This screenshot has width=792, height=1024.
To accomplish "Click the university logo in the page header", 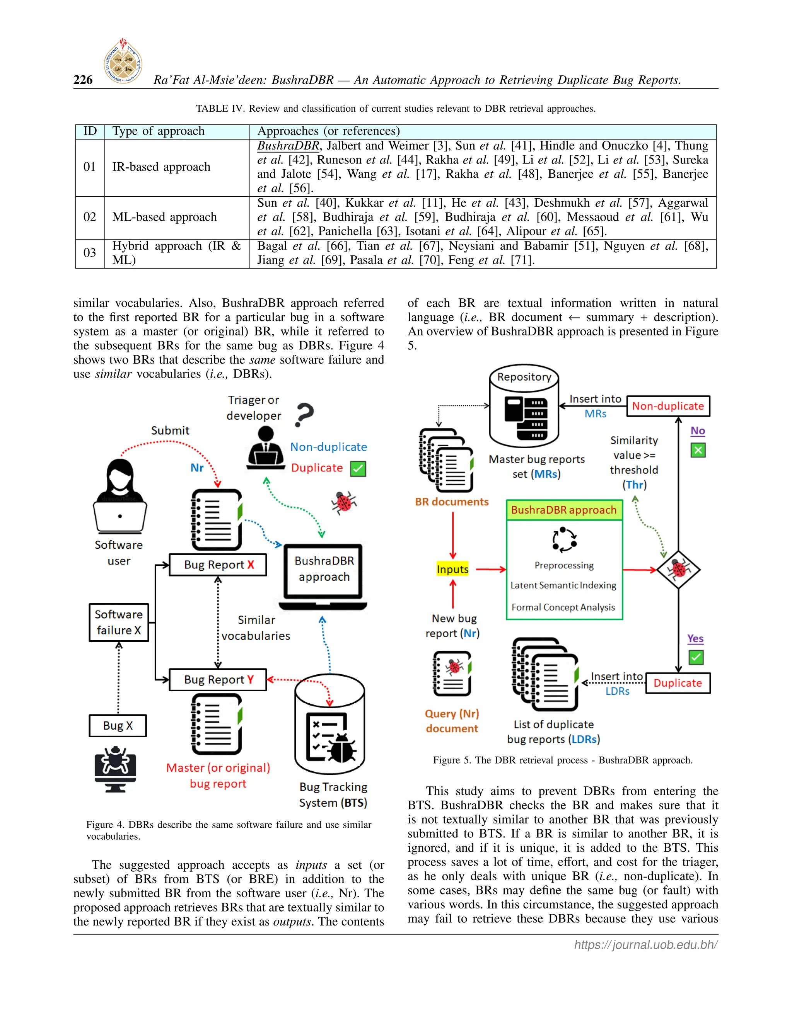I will (123, 61).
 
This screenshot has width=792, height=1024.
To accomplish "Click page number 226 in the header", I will (83, 80).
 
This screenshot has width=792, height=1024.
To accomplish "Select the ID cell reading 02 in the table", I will (90, 217).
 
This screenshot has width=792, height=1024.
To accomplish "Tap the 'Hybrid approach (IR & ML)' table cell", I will (176, 253).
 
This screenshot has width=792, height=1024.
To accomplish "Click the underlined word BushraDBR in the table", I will (288, 145).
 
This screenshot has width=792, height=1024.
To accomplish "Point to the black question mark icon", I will (304, 415).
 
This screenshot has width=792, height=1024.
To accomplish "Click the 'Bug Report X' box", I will (218, 565).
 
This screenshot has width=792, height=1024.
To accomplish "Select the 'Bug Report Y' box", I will (218, 679).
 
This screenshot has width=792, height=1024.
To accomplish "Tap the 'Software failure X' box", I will (119, 622).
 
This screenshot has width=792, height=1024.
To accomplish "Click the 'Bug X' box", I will (118, 726).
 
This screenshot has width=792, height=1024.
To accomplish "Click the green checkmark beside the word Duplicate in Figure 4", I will (358, 469).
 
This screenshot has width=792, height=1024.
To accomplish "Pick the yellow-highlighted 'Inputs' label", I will (452, 569).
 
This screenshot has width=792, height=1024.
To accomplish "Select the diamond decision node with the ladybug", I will (678, 570).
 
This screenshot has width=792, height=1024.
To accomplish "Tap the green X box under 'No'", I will (698, 451).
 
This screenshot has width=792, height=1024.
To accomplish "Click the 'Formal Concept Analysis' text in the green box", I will (563, 607).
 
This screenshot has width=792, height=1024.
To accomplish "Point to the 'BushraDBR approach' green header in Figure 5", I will (564, 510).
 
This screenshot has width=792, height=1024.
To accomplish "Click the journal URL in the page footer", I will (645, 945).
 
